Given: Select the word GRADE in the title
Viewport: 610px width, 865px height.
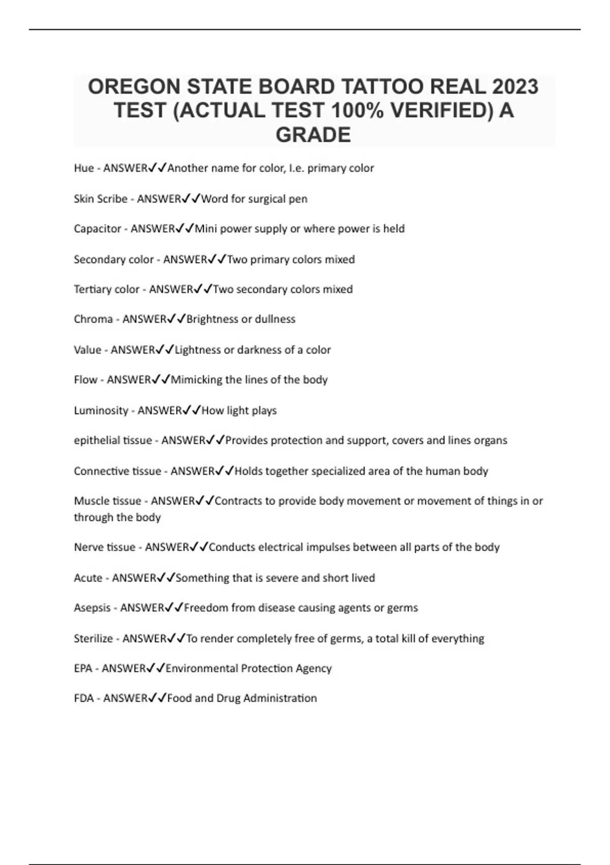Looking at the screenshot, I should [313, 135].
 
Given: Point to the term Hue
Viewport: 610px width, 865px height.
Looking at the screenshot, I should [83, 168].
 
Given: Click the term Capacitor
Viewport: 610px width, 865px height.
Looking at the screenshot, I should [97, 229].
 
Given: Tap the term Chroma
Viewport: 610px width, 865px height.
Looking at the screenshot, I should [93, 319].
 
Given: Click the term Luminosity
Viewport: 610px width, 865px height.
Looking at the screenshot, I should [101, 410].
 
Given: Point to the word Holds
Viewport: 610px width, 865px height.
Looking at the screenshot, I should [248, 471].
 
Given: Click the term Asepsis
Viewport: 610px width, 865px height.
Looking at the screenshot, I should [92, 608].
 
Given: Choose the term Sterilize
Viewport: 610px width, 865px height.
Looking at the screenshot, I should [93, 638].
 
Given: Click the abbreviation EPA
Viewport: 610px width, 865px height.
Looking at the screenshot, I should [83, 668].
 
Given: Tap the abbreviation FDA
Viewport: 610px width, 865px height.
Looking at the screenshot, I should [84, 698].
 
